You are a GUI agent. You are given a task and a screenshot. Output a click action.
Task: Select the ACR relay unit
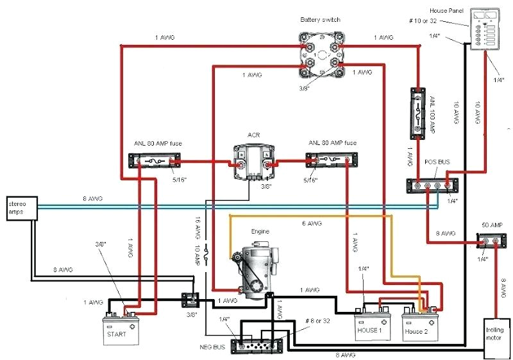tap(252, 161)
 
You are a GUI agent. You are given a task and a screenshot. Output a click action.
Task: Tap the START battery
tap(122, 327)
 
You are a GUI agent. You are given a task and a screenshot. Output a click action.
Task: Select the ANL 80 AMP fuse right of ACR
tap(331, 160)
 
